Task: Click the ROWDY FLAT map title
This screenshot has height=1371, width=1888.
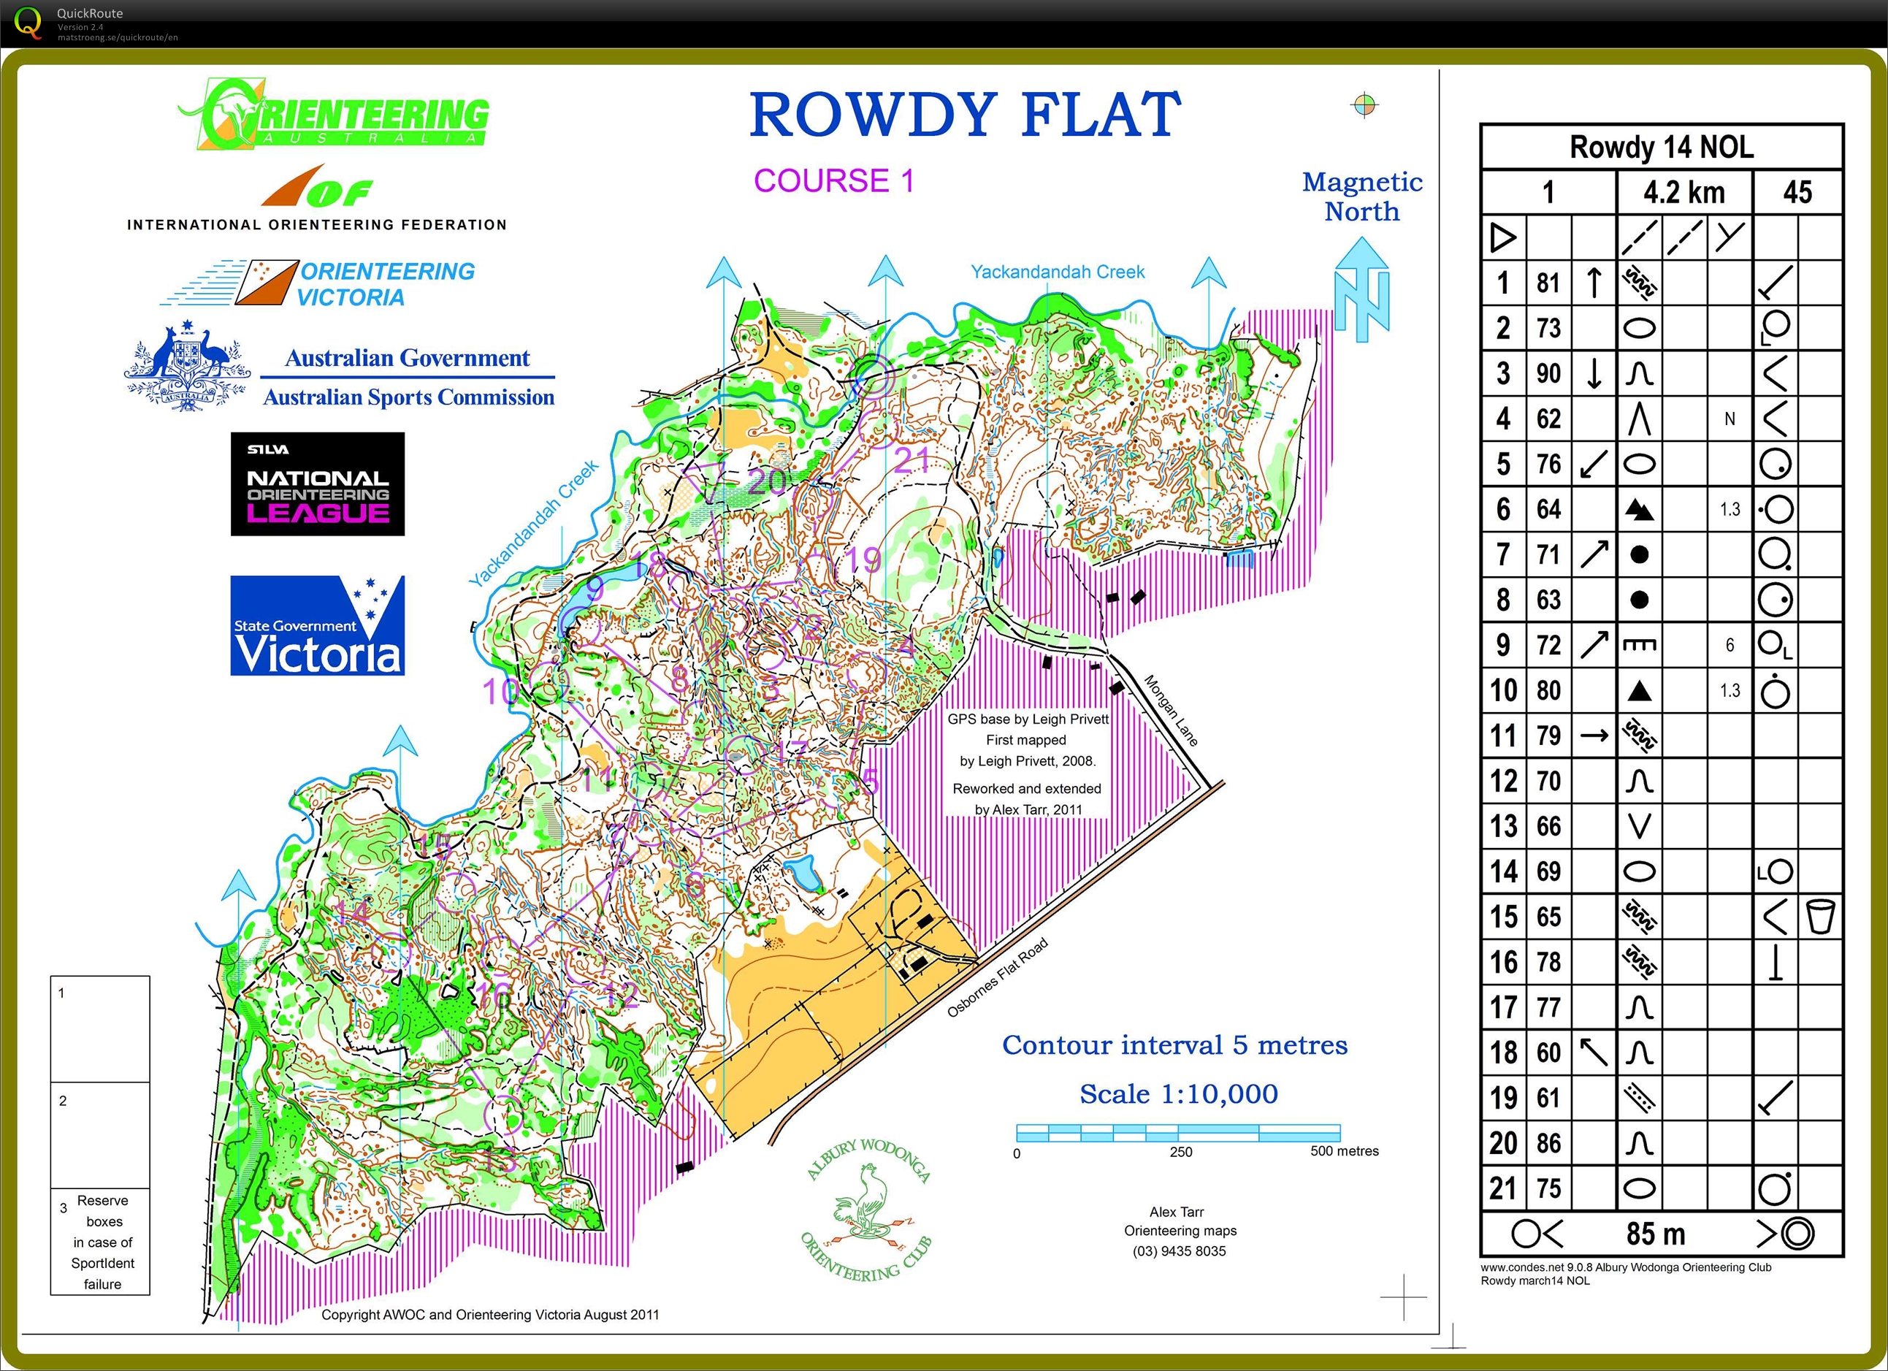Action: tap(966, 114)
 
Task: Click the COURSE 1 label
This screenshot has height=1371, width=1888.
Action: tap(833, 180)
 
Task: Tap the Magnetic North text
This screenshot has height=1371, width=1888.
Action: tap(1362, 196)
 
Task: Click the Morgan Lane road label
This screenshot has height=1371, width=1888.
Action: tap(1171, 710)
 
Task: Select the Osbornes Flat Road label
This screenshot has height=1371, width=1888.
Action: tap(996, 977)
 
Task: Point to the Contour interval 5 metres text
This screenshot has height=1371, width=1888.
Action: tap(1174, 1045)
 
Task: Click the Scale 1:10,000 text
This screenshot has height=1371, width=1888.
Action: tap(1178, 1093)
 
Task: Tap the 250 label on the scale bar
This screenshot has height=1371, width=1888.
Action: tap(1180, 1152)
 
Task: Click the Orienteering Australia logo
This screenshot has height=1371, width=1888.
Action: tap(333, 115)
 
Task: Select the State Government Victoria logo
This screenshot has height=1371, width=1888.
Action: tap(317, 625)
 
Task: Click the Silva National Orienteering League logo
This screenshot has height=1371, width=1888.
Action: tap(317, 484)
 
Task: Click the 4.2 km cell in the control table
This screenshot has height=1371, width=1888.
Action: tap(1683, 192)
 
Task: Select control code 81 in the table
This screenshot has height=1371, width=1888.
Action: tap(1548, 283)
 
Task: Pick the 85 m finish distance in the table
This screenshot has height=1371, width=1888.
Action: tap(1655, 1234)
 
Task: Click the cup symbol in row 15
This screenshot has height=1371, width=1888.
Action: tap(1820, 917)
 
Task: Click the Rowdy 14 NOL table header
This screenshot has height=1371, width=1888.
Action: tap(1661, 148)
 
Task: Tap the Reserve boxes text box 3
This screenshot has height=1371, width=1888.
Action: tap(101, 1241)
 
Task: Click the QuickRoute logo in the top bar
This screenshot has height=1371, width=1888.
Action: tap(28, 22)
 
